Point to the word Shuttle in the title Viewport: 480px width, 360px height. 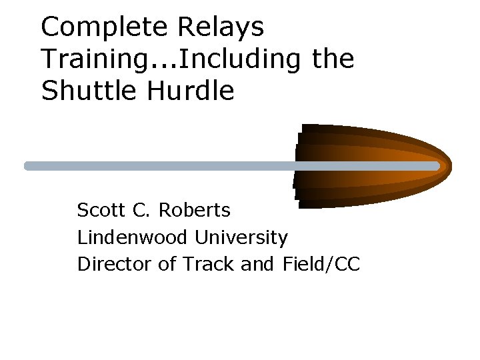tap(82, 91)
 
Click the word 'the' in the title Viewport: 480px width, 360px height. tap(333, 59)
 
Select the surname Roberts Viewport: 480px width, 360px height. tap(194, 211)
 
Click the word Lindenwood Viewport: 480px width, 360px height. tap(133, 237)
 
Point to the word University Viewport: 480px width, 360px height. tap(241, 237)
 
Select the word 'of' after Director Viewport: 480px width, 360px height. tap(167, 264)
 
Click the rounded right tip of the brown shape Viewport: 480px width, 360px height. tap(448, 165)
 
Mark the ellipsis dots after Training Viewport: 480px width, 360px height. tap(163, 67)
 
